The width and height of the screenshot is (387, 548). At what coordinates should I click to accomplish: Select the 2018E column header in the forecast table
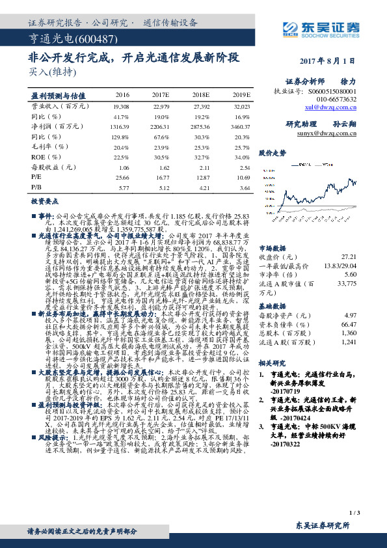click(x=199, y=95)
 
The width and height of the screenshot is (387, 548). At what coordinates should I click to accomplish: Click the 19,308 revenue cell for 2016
click(x=121, y=105)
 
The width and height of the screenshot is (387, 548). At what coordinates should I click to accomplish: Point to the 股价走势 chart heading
click(x=273, y=153)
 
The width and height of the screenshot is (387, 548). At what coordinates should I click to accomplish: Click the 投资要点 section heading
click(x=45, y=202)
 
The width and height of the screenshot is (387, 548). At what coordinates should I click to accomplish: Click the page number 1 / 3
click(x=354, y=515)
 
